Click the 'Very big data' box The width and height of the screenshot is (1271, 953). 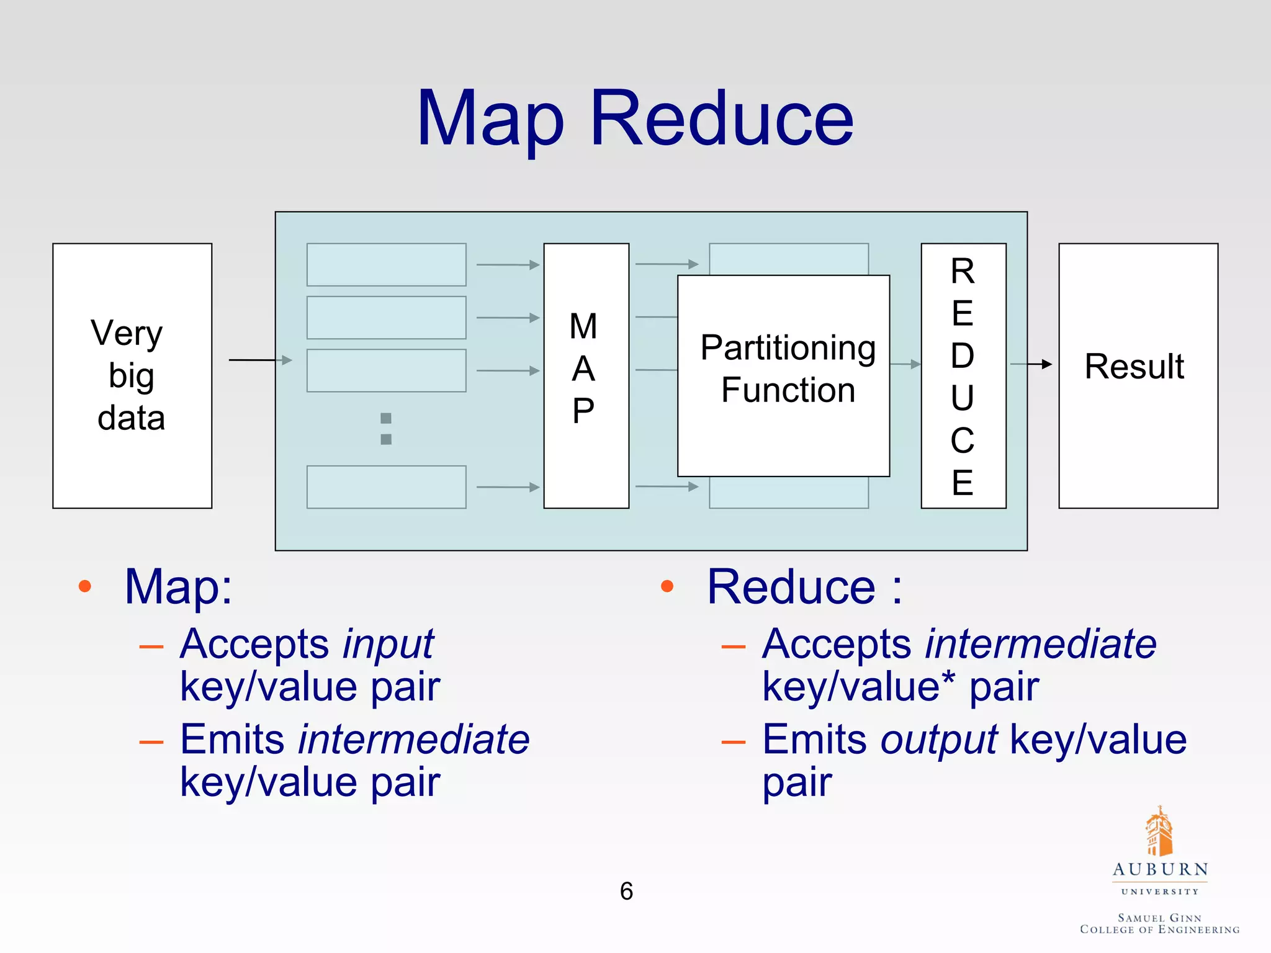coord(132,375)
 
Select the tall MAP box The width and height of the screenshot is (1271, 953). coord(586,375)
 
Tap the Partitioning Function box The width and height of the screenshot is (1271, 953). coord(783,375)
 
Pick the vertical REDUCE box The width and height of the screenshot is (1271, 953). coord(963,375)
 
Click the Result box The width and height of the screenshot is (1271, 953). coord(1138,375)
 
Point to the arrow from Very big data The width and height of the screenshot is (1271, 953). coord(259,360)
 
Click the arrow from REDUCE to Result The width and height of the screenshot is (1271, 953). coord(1031,364)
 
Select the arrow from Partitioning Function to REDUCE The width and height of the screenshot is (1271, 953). coord(905,364)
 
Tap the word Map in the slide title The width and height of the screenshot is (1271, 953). coord(490,119)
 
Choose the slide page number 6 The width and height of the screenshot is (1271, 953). coord(626,891)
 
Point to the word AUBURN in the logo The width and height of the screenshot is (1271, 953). coord(1160,869)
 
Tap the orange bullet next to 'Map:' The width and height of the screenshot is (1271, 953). coord(85,586)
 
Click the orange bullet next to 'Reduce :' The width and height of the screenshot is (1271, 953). coord(667,586)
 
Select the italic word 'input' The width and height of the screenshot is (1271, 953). coord(388,644)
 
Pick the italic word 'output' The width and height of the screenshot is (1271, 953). coord(939,740)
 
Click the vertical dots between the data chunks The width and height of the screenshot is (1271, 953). coord(386,429)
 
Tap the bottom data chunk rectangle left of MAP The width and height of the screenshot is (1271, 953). coord(386,487)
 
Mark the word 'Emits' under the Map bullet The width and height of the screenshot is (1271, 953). coord(232,740)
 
